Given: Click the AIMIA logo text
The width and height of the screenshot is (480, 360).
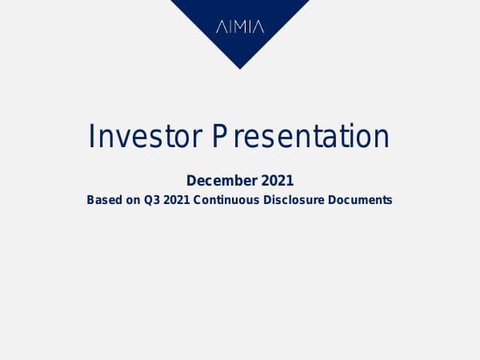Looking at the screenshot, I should pos(240,26).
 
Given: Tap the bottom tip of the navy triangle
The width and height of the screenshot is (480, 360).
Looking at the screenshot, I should pos(240,68).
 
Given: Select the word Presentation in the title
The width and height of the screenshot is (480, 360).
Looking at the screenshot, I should pos(301,137).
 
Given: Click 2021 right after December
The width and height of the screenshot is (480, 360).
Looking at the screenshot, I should pos(277,181).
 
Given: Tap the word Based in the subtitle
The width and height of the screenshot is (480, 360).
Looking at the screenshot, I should pos(103,200).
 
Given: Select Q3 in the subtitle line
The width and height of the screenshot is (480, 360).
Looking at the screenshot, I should pos(152,200).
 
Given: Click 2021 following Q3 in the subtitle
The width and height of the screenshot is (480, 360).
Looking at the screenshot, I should pos(178,200).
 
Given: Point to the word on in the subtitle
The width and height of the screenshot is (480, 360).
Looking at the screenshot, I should pos(132,200).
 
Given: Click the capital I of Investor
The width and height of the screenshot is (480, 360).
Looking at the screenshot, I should pos(91,137).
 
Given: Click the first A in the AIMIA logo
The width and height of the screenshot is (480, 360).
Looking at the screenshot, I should pos(221,26).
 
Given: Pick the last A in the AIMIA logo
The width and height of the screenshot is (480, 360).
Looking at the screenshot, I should pos(259,26).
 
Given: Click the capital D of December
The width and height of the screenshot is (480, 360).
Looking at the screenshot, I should pos(191,181).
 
